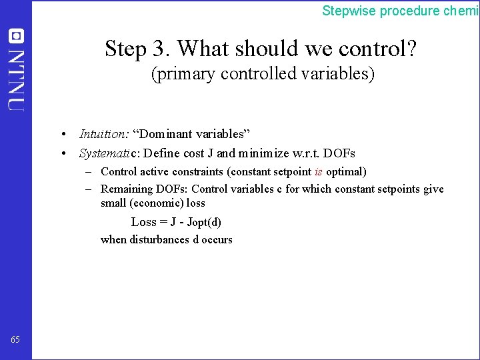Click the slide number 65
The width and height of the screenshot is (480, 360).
coord(15,340)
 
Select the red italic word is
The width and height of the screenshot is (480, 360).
coord(318,171)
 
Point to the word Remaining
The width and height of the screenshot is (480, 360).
coord(127,189)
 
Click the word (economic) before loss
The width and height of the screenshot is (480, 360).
coord(157,203)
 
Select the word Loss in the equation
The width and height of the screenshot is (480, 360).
coord(143,222)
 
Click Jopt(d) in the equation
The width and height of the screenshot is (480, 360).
coord(204,222)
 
